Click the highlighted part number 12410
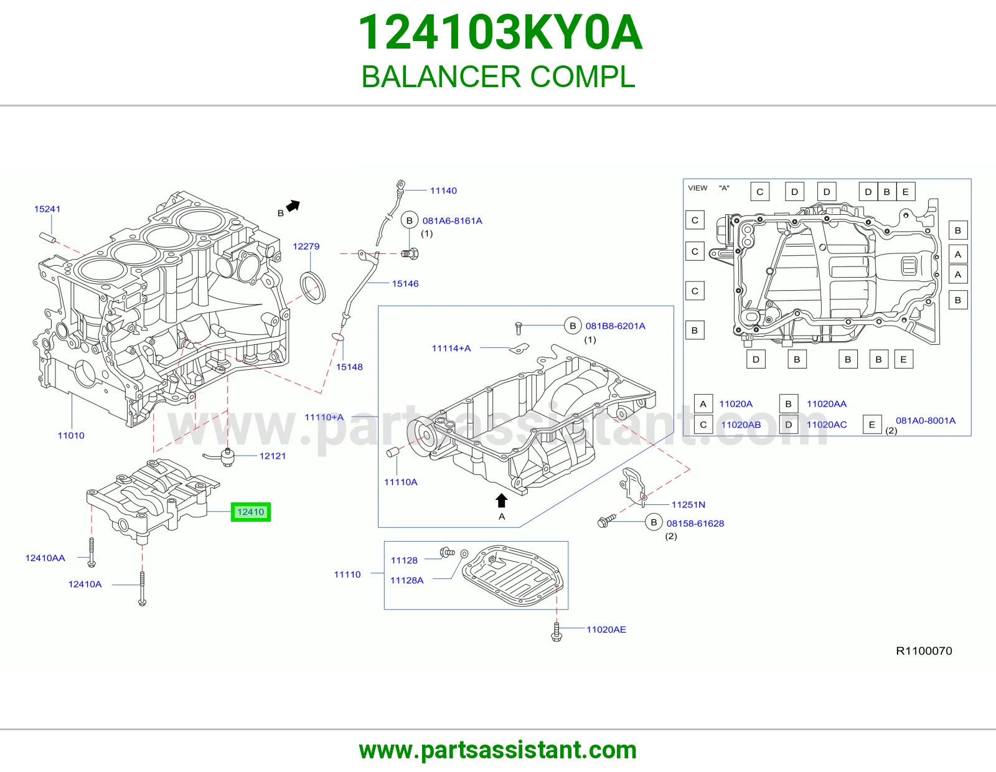(x=251, y=512)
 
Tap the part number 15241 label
(x=47, y=209)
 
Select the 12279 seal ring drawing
(x=312, y=288)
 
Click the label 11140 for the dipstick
(x=443, y=191)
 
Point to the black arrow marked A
(x=502, y=501)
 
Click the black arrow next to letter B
(x=293, y=206)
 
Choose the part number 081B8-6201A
(x=615, y=326)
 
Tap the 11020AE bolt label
(x=606, y=629)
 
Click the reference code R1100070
(x=924, y=651)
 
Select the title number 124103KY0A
(x=500, y=32)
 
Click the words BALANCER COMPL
(x=498, y=77)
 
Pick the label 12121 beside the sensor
(x=272, y=456)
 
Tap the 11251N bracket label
(x=688, y=505)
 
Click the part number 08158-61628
(x=695, y=524)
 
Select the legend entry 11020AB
(x=741, y=425)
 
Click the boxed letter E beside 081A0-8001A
(x=872, y=425)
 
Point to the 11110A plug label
(x=401, y=482)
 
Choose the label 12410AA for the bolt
(x=45, y=558)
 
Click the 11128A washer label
(x=406, y=580)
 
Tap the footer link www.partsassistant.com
(x=498, y=750)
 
